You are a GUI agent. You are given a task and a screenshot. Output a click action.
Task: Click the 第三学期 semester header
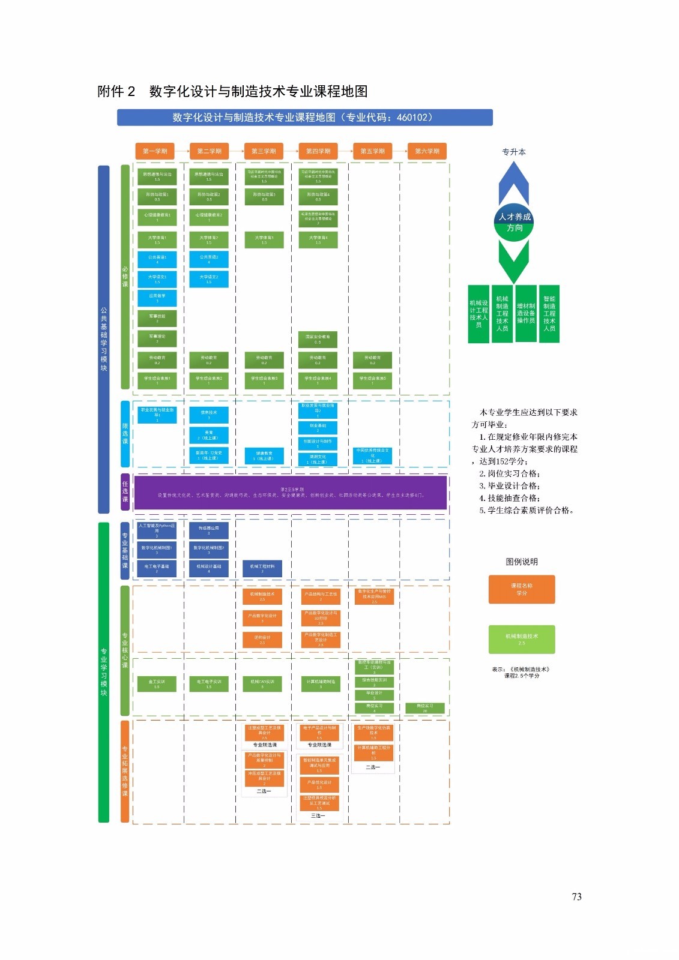(x=264, y=151)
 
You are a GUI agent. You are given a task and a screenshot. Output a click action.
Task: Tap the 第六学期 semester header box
(x=427, y=151)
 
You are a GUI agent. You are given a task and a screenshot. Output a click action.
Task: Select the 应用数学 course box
(x=157, y=298)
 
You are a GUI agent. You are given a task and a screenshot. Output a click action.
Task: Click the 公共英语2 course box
(x=209, y=259)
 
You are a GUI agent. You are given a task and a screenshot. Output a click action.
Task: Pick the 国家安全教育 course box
(x=318, y=339)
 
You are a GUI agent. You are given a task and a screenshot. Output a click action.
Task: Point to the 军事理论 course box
(x=157, y=338)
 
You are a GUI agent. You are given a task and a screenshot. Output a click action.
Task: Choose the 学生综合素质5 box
(x=372, y=380)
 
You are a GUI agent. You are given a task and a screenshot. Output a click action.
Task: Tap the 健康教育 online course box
(x=264, y=456)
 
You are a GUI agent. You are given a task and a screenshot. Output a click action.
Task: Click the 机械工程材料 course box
(x=262, y=568)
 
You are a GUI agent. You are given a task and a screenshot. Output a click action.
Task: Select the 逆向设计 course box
(x=262, y=640)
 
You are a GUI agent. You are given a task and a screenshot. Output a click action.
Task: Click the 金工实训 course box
(x=157, y=683)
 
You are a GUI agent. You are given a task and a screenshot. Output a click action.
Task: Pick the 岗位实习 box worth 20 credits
(x=425, y=708)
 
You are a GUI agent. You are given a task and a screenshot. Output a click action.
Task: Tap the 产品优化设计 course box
(x=319, y=784)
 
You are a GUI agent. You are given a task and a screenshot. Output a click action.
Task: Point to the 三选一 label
(x=318, y=816)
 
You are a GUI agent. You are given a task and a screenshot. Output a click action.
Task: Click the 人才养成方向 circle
(x=515, y=223)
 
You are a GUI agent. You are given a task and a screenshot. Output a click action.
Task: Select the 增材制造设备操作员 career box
(x=526, y=313)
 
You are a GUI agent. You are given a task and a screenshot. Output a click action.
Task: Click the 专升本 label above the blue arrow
(x=514, y=152)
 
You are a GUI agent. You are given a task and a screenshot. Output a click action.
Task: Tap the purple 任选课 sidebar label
(x=125, y=491)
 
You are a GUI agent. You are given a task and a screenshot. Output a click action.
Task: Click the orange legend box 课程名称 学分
(x=522, y=589)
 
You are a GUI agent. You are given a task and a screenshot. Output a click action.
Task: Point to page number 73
(x=576, y=896)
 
